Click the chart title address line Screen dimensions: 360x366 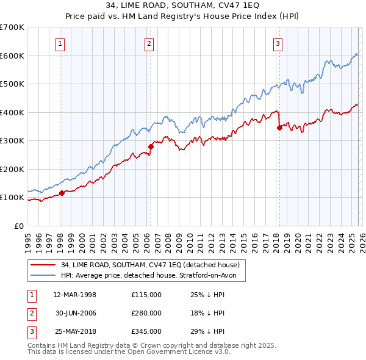point(182,6)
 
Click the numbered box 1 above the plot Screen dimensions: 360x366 point(61,43)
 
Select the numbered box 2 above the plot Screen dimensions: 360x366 point(149,43)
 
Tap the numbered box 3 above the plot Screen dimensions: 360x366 point(278,43)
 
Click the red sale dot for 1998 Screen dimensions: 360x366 point(62,193)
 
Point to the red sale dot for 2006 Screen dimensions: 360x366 point(151,146)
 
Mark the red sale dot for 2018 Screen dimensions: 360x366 point(279,128)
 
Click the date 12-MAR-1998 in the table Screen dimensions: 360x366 point(74,295)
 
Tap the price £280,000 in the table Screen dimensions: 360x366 point(146,312)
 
